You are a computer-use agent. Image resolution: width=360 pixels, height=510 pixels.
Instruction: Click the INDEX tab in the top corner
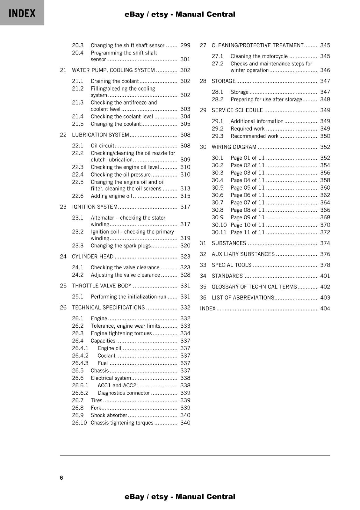22,13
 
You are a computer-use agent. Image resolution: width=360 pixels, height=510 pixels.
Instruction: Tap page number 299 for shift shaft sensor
185,45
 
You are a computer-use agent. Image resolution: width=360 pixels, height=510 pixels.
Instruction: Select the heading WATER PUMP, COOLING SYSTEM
113,70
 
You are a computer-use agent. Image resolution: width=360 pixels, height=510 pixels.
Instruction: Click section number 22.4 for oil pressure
77,174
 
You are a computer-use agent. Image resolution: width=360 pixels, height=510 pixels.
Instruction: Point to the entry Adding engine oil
111,196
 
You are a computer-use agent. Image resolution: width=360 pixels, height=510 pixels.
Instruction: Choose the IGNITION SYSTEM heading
95,207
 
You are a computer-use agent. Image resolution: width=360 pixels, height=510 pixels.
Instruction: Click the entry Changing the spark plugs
120,246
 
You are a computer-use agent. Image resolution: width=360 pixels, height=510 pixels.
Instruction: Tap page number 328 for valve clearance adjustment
185,275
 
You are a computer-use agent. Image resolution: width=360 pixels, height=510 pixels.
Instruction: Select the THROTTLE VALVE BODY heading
102,286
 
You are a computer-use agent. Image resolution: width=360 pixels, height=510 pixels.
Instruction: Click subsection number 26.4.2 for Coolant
80,355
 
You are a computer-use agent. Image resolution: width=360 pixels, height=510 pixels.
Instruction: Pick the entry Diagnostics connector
124,393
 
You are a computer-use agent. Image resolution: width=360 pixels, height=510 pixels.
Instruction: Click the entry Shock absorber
109,415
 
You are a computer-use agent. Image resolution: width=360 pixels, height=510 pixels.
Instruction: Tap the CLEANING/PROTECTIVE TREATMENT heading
257,45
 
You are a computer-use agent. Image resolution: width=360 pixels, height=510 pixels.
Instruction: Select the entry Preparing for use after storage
266,99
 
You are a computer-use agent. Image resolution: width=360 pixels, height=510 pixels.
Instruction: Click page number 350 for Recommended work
325,136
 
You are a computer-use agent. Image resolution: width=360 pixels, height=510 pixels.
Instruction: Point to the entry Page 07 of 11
248,202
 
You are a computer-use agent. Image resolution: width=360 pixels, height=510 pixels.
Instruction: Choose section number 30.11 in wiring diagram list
219,232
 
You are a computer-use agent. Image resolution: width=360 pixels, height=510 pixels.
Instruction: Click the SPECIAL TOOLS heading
231,265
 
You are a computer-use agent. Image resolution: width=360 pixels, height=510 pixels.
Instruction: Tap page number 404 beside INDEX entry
325,308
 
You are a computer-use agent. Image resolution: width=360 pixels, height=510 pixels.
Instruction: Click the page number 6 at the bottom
61,477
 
